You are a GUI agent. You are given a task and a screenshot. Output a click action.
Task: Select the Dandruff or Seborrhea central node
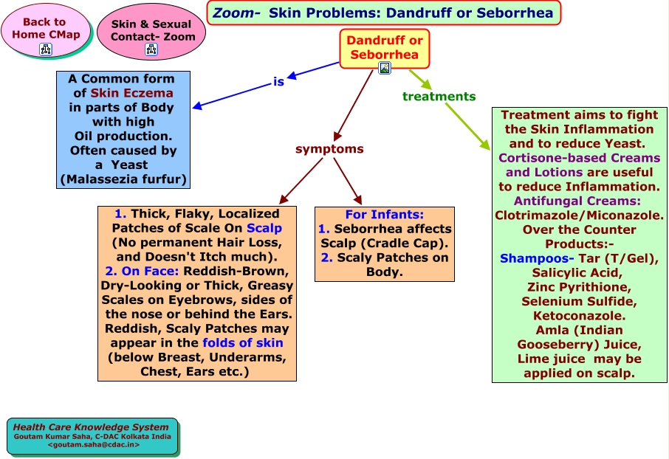pyautogui.click(x=385, y=49)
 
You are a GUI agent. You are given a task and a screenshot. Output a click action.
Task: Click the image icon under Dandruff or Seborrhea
pyautogui.click(x=385, y=68)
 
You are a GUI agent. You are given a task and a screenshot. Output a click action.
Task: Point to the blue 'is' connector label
pyautogui.click(x=278, y=81)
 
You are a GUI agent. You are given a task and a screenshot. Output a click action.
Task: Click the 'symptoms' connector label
pyautogui.click(x=329, y=149)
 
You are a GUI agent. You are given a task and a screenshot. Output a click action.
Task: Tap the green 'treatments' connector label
pyautogui.click(x=439, y=97)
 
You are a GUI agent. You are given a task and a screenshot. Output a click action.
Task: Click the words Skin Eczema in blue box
pyautogui.click(x=132, y=93)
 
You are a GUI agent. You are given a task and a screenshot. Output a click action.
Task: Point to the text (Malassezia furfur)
pyautogui.click(x=123, y=179)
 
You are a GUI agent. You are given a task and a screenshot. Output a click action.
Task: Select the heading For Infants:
pyautogui.click(x=385, y=215)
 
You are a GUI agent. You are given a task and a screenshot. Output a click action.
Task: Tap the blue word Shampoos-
pyautogui.click(x=537, y=258)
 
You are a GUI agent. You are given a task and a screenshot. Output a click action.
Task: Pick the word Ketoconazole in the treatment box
pyautogui.click(x=578, y=316)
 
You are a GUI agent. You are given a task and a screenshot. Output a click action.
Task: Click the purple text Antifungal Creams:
pyautogui.click(x=577, y=201)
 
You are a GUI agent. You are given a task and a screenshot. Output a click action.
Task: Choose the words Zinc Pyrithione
pyautogui.click(x=579, y=287)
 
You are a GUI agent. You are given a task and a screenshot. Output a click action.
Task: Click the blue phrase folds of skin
pyautogui.click(x=243, y=343)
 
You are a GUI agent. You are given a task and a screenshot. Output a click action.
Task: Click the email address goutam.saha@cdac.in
pyautogui.click(x=94, y=444)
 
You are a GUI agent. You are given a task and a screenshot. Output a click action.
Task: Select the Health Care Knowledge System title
pyautogui.click(x=91, y=427)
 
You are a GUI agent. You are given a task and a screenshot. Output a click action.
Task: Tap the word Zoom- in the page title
pyautogui.click(x=236, y=13)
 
